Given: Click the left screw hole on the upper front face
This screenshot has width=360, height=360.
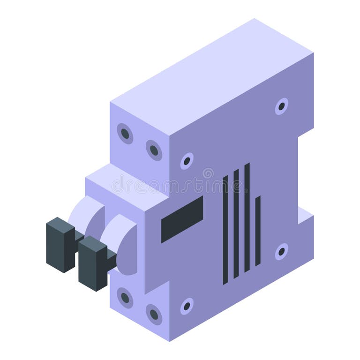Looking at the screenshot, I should coord(125,134).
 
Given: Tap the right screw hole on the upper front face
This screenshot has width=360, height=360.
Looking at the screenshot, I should coord(154,150).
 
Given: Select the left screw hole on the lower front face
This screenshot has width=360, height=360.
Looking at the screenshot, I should coord(125,298).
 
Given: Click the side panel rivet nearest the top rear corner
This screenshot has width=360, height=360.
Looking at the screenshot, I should coord(281,106).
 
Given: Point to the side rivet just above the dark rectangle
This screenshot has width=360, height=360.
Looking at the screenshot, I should coord(187,161).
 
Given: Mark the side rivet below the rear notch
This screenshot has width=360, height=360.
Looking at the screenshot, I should coord(281,251).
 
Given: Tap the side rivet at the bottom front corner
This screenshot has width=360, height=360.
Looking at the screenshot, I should coord(187,306).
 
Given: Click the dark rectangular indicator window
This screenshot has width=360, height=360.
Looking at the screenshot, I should coord(182,219).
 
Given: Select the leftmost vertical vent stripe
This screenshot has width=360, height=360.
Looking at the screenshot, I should coord(225,230).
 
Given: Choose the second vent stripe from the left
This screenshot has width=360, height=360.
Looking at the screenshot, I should coord(236,224).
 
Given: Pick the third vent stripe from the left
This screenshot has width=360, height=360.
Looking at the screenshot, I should coord(247,217).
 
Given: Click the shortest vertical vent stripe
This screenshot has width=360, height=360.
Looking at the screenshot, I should coord(258,231).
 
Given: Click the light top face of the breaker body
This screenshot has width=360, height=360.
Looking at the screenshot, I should coord(211,80).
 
